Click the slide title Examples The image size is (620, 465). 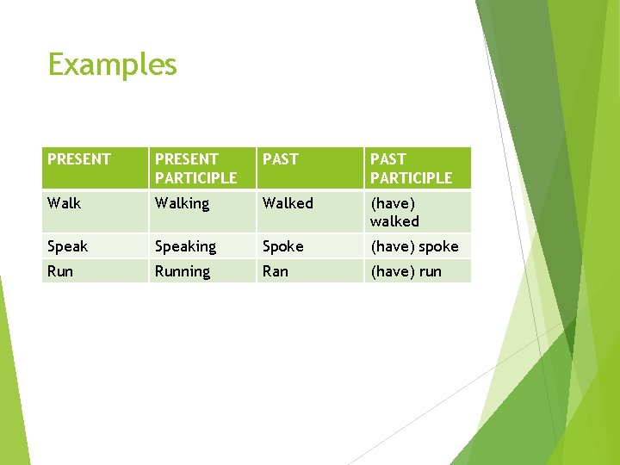click(112, 65)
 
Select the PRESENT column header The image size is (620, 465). click(79, 159)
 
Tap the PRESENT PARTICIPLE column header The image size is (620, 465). click(195, 168)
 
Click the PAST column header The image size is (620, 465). click(281, 159)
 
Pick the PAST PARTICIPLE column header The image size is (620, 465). click(411, 168)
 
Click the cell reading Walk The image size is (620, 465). click(65, 203)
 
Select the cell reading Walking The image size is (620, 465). click(182, 203)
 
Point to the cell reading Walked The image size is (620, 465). click(288, 203)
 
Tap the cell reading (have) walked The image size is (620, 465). click(394, 212)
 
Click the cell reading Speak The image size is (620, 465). click(68, 246)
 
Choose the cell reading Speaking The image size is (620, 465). click(185, 246)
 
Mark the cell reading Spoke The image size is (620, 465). click(283, 246)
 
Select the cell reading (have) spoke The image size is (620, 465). click(414, 246)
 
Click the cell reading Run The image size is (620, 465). click(60, 271)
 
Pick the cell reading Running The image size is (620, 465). click(182, 271)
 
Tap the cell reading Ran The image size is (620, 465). click(276, 271)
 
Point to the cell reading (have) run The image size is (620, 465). click(406, 271)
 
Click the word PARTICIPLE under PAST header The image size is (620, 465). click(411, 178)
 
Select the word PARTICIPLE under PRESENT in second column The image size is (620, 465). click(195, 178)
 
